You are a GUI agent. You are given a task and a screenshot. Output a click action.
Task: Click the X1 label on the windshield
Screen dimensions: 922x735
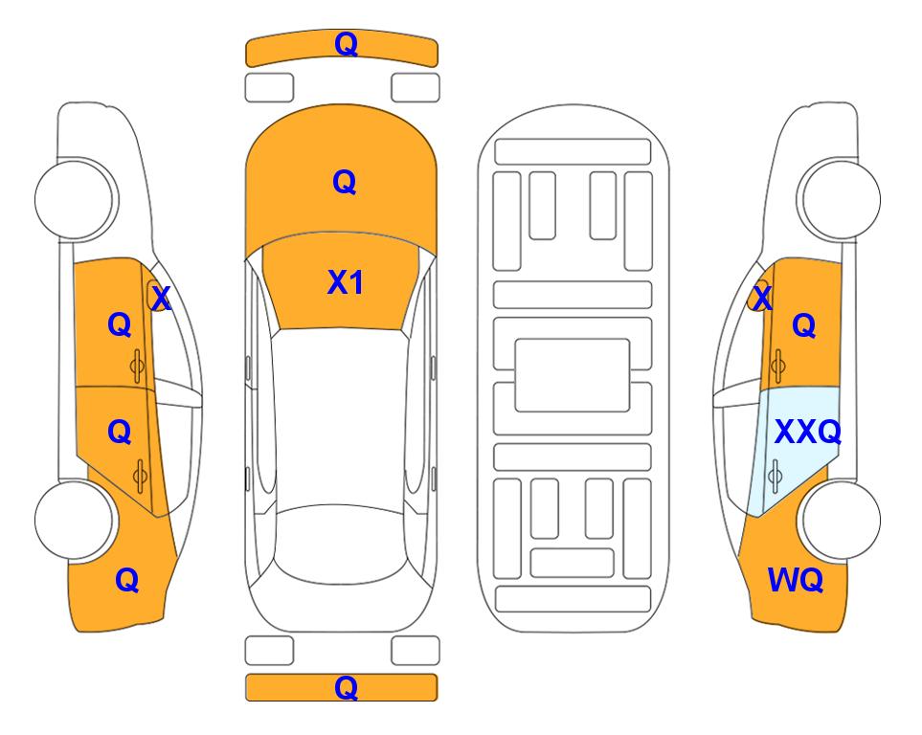tap(346, 282)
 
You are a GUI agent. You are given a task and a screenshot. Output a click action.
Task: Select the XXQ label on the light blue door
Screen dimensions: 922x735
tap(808, 433)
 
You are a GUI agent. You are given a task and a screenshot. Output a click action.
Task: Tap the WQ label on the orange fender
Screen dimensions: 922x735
tap(796, 580)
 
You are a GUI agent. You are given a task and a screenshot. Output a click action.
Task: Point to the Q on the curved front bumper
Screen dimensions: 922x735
tap(346, 44)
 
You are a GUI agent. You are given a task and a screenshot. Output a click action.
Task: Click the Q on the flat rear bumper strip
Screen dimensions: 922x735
tap(346, 687)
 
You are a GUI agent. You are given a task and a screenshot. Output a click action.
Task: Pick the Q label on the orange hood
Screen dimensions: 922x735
tap(345, 182)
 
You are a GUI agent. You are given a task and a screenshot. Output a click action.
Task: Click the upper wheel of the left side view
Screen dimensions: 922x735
tap(75, 199)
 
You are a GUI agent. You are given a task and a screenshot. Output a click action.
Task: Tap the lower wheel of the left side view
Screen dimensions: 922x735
tap(75, 521)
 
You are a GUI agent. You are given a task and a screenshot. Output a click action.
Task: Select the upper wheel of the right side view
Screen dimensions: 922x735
tap(841, 199)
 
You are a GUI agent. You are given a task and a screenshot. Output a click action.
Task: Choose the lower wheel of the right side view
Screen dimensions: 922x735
tap(841, 520)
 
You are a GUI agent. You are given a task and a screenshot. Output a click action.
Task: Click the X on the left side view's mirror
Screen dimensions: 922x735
tap(161, 299)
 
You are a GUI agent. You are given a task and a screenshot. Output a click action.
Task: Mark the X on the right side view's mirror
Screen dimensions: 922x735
tap(762, 298)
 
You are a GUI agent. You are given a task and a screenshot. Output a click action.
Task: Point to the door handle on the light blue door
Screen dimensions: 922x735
tap(775, 476)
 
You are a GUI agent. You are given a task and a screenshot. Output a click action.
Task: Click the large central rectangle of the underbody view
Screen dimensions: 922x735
tap(573, 375)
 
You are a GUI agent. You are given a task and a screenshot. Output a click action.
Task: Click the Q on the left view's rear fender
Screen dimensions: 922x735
tap(127, 580)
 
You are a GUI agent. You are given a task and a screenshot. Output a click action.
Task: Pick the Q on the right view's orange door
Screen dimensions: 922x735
tap(804, 325)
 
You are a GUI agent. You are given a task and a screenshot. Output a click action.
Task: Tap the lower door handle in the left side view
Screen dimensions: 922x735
tap(140, 476)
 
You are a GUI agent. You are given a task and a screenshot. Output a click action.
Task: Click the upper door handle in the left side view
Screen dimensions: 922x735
tap(137, 366)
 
